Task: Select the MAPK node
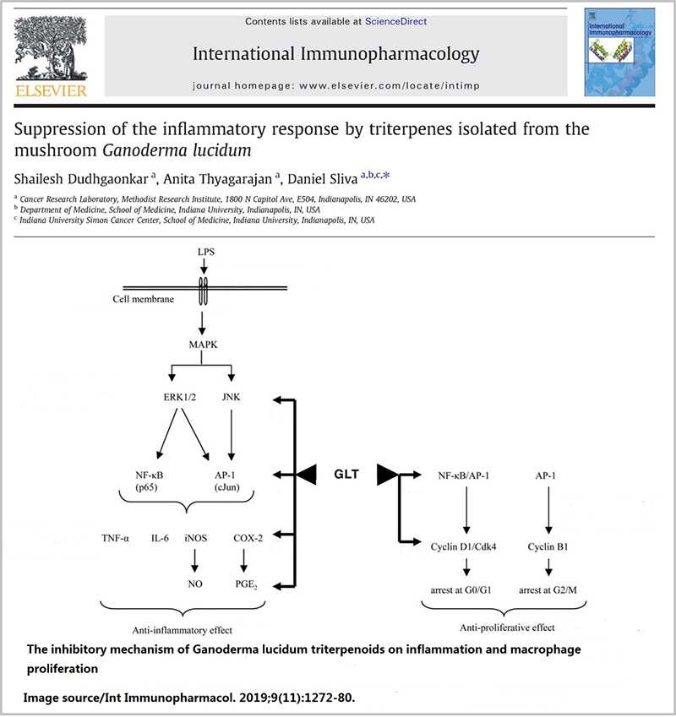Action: coord(202,343)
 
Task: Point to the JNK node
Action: coord(231,396)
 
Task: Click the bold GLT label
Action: coord(345,474)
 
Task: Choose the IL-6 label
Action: coord(161,536)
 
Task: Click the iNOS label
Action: coord(195,536)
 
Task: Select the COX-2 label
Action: coord(248,536)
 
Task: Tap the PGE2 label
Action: coord(246,582)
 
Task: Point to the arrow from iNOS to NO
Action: coord(195,560)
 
